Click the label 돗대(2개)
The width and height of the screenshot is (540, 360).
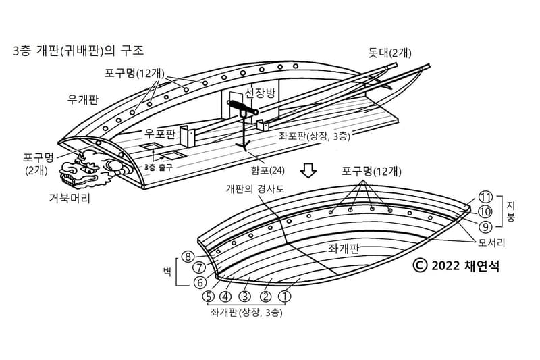click(390, 53)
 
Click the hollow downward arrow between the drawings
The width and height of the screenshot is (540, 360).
click(308, 170)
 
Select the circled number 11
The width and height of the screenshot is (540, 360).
click(485, 197)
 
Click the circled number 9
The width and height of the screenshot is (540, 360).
click(485, 226)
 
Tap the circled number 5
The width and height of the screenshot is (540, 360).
click(209, 295)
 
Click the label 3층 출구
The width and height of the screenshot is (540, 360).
click(159, 165)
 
